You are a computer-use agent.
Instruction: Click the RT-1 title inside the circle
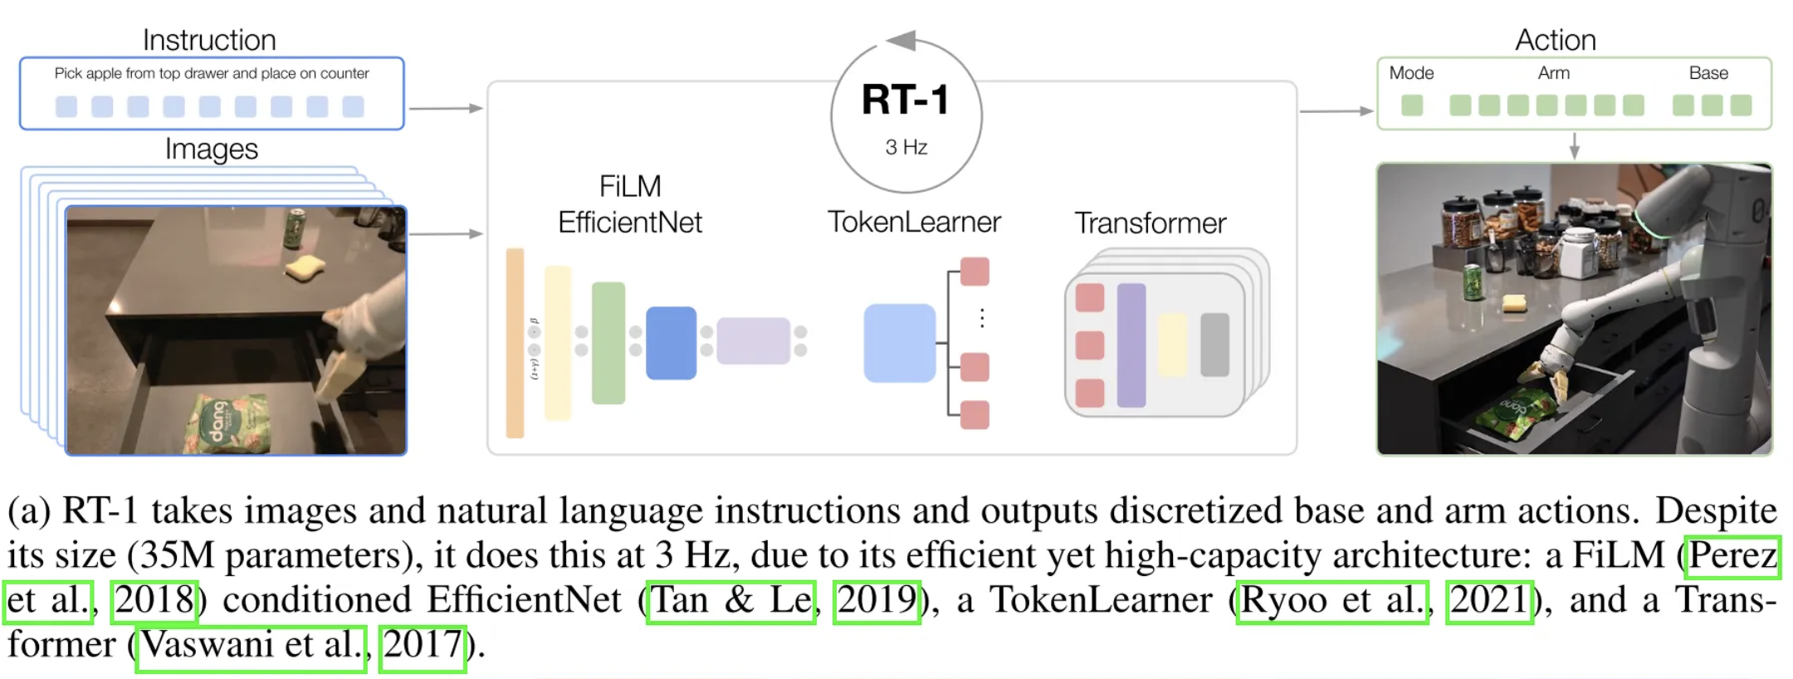click(x=906, y=100)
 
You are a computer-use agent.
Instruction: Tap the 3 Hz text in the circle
click(x=906, y=148)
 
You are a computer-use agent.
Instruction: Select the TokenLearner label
click(x=914, y=222)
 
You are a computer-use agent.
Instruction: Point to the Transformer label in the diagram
click(x=1150, y=223)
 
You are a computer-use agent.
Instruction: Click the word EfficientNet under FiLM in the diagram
click(x=629, y=222)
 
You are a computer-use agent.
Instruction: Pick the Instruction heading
click(x=209, y=40)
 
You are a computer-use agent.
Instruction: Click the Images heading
click(x=211, y=149)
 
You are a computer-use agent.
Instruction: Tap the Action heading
click(x=1555, y=40)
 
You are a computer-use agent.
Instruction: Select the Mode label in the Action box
click(x=1411, y=73)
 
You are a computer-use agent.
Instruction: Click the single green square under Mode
click(x=1411, y=105)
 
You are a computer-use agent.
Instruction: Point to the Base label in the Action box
click(x=1708, y=73)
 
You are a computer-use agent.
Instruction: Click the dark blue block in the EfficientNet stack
click(x=671, y=343)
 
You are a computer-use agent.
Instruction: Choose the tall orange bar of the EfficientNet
click(x=515, y=343)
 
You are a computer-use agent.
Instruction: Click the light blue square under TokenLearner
click(x=899, y=343)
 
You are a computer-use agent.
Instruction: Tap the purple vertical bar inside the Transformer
click(x=1131, y=344)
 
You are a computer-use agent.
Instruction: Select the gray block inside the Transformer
click(x=1214, y=344)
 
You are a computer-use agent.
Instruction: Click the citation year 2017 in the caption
click(x=423, y=645)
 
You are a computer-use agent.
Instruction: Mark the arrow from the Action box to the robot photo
click(x=1574, y=146)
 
